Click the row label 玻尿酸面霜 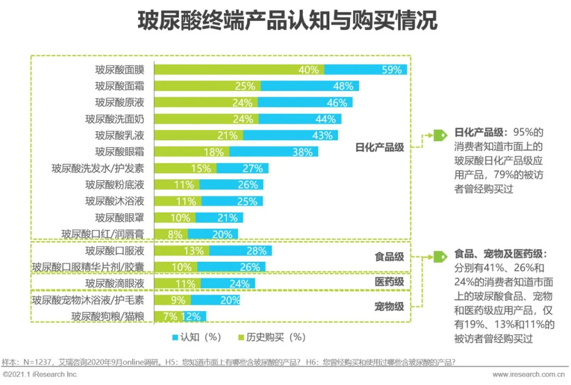pos(119,86)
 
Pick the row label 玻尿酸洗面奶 pos(115,119)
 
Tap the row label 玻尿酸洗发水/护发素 pos(98,168)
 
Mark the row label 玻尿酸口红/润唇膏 pos(103,234)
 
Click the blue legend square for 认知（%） pos(175,337)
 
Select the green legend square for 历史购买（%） pos(243,337)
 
